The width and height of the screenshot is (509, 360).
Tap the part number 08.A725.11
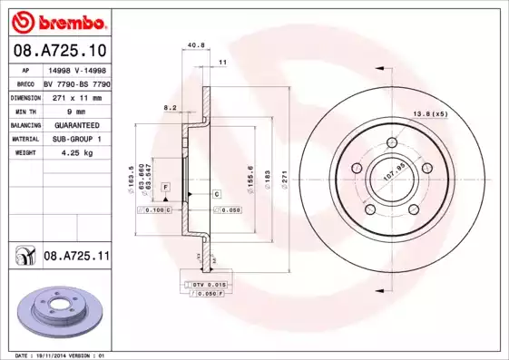tap(76, 258)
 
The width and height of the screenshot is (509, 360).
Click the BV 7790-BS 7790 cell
tap(75, 83)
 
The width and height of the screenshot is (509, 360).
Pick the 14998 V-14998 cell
tap(75, 69)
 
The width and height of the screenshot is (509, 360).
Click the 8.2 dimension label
tap(170, 107)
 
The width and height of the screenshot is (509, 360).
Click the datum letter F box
tap(166, 186)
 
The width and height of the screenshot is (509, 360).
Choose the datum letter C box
tap(218, 195)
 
